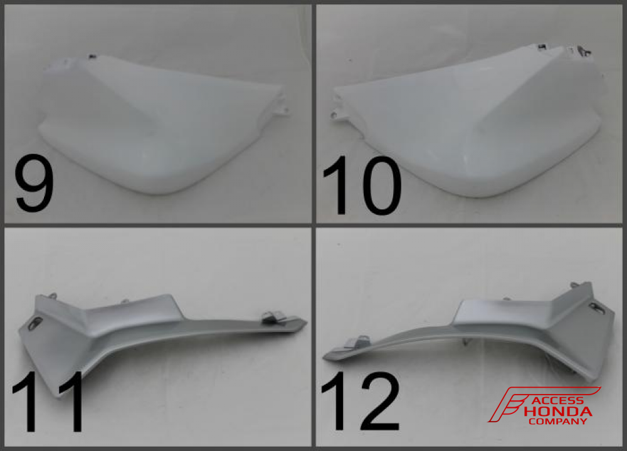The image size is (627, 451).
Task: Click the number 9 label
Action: [x=34, y=183]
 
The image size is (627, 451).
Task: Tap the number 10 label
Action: [x=362, y=185]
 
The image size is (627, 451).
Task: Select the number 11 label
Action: [x=48, y=402]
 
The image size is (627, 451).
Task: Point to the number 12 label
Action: [x=360, y=401]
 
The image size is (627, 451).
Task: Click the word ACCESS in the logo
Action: [x=558, y=400]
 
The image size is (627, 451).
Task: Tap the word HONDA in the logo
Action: [x=558, y=412]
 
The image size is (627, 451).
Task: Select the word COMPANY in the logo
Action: [x=558, y=421]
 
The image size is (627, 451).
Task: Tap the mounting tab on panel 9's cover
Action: [x=282, y=105]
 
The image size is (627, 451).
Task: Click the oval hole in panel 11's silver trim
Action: [x=34, y=324]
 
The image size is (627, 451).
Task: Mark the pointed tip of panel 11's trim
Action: [x=307, y=321]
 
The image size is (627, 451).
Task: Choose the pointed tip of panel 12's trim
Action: [x=324, y=358]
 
